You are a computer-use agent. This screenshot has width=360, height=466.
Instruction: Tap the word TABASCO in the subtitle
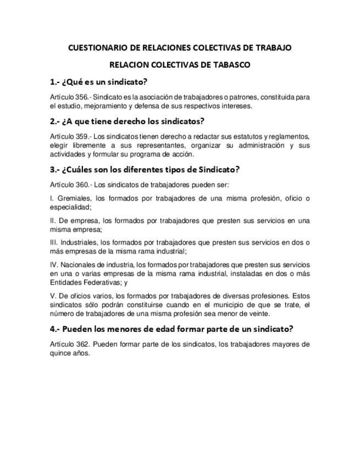click(x=231, y=65)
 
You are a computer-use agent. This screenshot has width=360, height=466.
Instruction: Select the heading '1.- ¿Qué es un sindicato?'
click(x=98, y=82)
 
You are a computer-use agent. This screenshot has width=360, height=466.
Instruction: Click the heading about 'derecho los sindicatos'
click(x=126, y=121)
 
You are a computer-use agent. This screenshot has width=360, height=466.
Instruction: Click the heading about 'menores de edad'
click(x=171, y=329)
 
